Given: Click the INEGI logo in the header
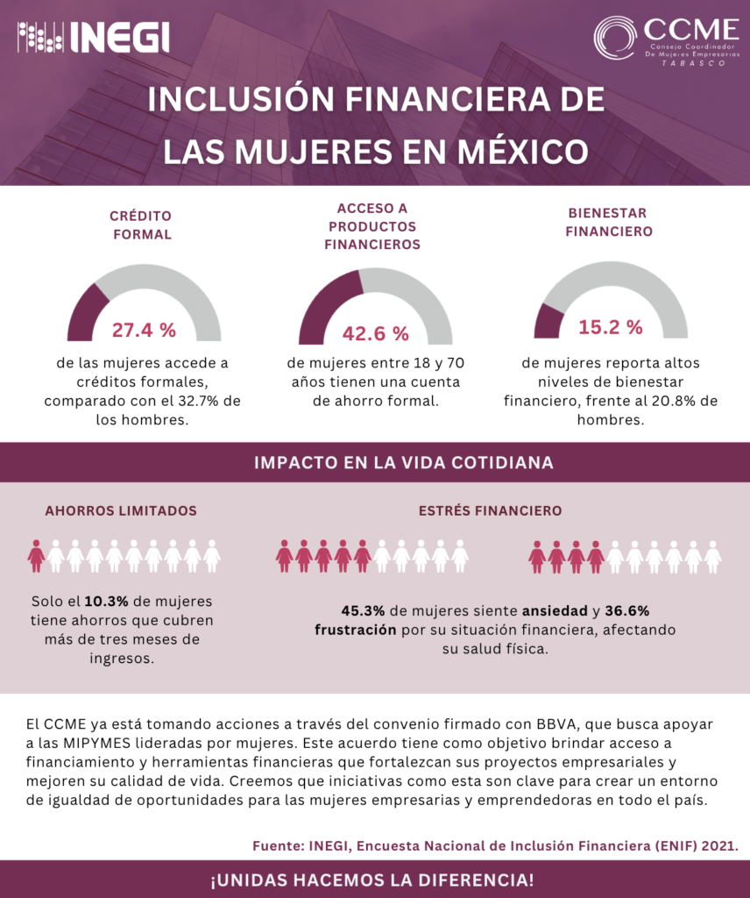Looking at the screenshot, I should (94, 38).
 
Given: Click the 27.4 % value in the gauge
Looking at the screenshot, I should (144, 330).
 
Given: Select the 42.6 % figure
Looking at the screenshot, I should (375, 333).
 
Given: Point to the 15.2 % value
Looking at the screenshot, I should (610, 327).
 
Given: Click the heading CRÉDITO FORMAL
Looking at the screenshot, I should (141, 224).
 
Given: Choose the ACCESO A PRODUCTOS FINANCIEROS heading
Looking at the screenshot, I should (372, 226).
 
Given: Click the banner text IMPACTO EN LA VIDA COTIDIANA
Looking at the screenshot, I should (403, 462).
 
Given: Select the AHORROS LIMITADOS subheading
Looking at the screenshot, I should (121, 510).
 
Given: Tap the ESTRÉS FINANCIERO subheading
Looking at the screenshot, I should (490, 510).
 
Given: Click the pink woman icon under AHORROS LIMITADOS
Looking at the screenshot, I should (36, 555).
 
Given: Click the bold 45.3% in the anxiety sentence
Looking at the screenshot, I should (362, 610).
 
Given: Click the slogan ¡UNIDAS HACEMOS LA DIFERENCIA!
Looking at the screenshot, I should (372, 879).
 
